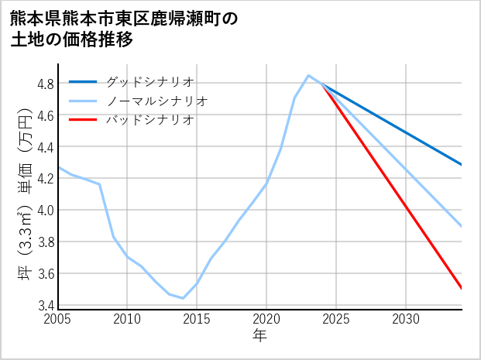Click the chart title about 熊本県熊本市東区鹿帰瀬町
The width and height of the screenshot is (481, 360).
pos(124,29)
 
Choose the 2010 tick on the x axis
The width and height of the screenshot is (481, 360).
pos(127,319)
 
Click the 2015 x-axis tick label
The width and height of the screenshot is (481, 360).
pos(197,319)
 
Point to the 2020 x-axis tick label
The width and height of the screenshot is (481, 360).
pos(266,319)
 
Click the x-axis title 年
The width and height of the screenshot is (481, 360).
pos(259,337)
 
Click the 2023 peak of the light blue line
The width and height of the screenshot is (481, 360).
pos(308,75)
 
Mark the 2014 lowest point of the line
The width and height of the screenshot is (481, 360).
pos(183,298)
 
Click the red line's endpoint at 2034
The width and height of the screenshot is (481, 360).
pos(462,289)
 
